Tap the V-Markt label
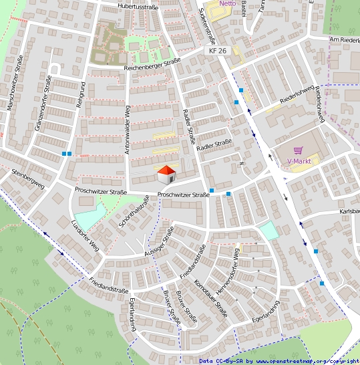tap(300, 162)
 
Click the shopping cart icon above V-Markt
tap(299, 152)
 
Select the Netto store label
tap(227, 3)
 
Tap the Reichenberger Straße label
tap(152, 64)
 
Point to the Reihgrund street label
tap(80, 96)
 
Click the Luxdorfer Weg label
tap(85, 233)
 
